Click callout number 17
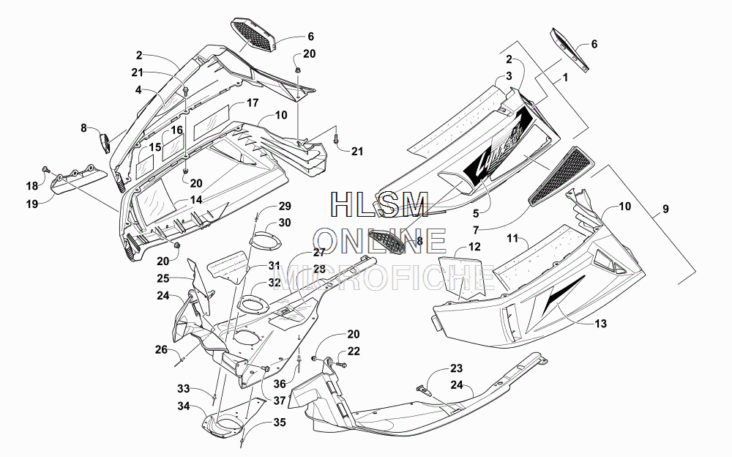click(252, 103)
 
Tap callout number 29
click(285, 206)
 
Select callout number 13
click(600, 324)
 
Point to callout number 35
click(279, 423)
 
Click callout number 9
click(665, 209)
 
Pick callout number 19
click(31, 204)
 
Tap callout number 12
click(474, 247)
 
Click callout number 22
click(354, 351)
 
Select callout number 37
click(279, 401)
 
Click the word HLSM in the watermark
click(379, 204)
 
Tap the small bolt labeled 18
click(45, 168)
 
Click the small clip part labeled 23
click(423, 389)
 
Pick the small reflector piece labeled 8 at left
click(105, 143)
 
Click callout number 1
click(566, 77)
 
